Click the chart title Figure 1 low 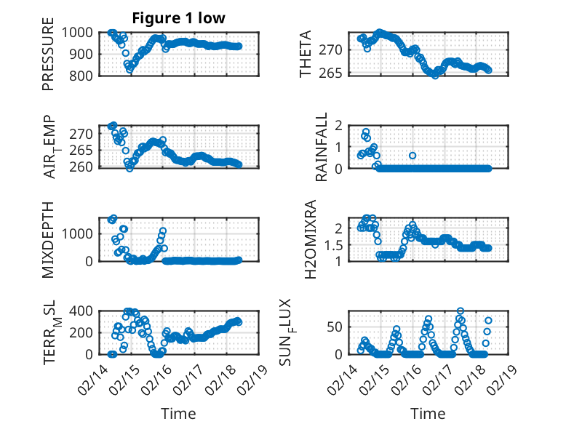[x=178, y=17]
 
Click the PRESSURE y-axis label [x=48, y=59]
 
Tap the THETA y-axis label [x=306, y=55]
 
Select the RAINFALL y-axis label [x=321, y=147]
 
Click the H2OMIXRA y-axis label [x=310, y=239]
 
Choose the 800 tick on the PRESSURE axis [x=80, y=76]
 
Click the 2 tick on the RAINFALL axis [x=338, y=124]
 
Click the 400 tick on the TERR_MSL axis [x=80, y=311]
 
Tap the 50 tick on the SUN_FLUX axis [x=335, y=327]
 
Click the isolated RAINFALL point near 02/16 [x=412, y=155]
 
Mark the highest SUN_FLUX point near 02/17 [x=460, y=311]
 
